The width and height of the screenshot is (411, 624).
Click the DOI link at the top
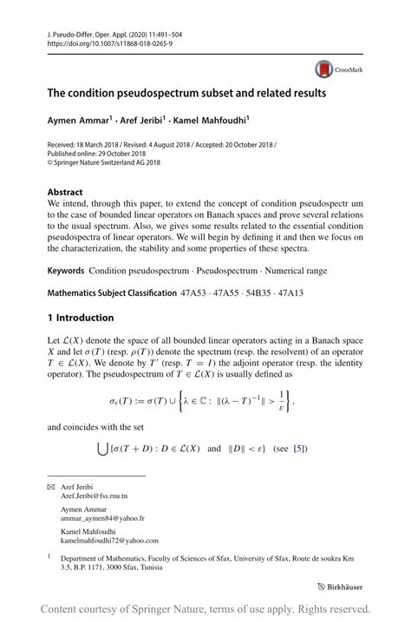tap(104, 42)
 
